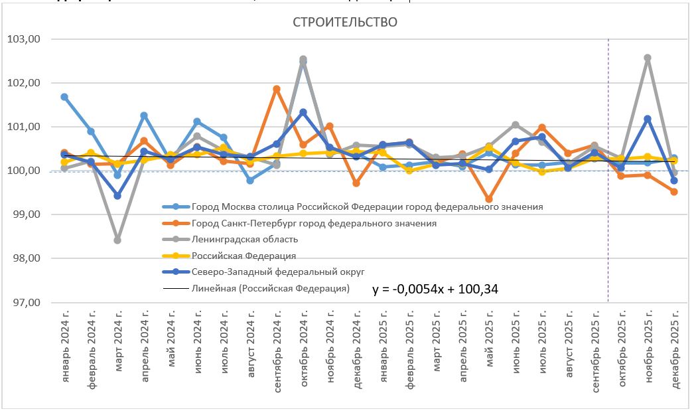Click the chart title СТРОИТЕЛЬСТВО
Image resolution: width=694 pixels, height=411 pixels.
pyautogui.click(x=345, y=23)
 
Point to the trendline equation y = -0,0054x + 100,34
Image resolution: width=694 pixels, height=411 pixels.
pyautogui.click(x=435, y=289)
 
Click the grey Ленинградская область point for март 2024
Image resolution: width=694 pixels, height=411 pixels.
pyautogui.click(x=117, y=240)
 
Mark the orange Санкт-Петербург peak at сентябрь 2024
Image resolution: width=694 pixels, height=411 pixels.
pyautogui.click(x=277, y=89)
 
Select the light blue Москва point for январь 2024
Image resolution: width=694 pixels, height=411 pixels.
pyautogui.click(x=64, y=97)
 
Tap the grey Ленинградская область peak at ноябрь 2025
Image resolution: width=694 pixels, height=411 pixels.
pyautogui.click(x=648, y=58)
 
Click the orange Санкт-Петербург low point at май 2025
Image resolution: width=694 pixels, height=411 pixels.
pyautogui.click(x=489, y=199)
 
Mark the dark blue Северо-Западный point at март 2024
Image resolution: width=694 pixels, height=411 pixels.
pyautogui.click(x=117, y=196)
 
